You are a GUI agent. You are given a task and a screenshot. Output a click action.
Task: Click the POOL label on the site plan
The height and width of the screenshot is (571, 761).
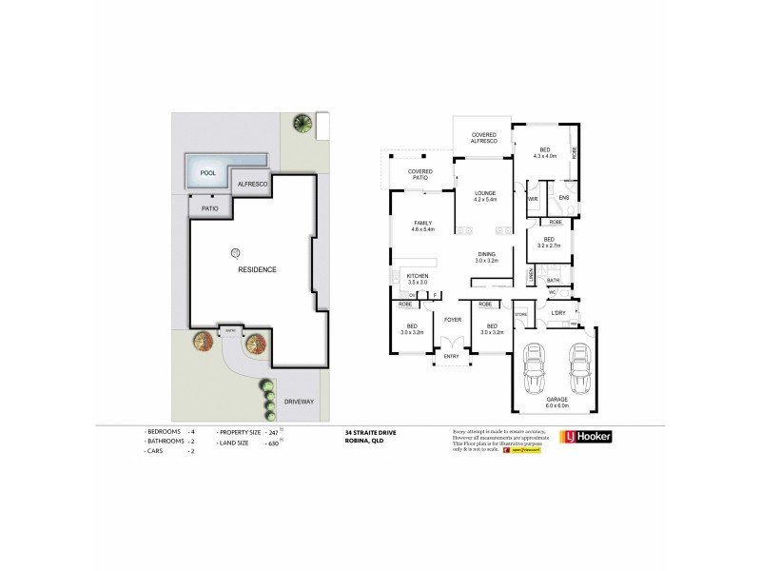207,173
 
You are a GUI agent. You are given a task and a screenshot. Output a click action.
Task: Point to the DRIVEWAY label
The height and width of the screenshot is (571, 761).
299,402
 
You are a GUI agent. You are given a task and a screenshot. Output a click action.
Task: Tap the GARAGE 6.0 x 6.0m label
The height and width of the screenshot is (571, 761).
556,403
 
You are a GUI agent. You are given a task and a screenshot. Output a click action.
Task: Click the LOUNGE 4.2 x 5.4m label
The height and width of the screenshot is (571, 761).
485,196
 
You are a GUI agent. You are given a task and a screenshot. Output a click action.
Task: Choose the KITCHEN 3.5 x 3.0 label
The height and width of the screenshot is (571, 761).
417,279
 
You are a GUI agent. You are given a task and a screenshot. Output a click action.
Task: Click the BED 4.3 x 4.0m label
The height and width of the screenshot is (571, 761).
544,152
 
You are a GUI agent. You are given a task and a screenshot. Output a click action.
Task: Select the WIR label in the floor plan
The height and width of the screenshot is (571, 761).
534,198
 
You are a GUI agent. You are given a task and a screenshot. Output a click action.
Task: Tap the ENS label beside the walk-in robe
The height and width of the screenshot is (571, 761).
563,198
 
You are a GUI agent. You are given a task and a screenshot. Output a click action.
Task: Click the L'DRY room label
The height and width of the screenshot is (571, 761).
558,312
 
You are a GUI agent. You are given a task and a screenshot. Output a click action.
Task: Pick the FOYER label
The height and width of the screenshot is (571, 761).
451,319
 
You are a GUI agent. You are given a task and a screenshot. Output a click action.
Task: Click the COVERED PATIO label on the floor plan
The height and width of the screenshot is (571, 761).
420,174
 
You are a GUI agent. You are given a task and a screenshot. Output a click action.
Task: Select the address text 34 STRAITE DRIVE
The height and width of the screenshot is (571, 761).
371,432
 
